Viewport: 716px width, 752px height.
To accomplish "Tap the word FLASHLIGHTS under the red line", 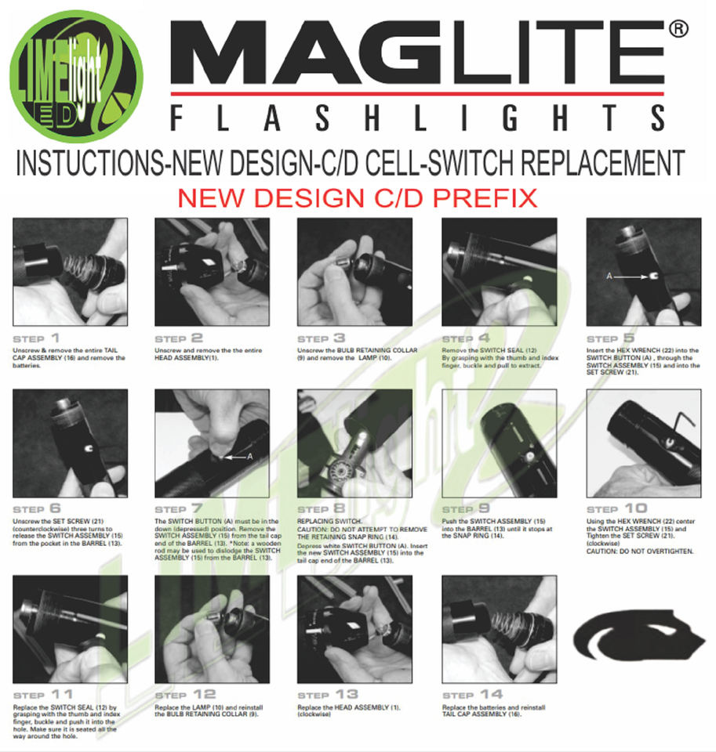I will (416, 117).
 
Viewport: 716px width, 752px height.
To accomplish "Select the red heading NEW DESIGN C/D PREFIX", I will (357, 197).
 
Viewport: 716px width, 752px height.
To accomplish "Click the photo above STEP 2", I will (212, 272).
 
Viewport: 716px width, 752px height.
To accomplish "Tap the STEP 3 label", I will (328, 338).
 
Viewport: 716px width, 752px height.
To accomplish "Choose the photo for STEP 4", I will (499, 272).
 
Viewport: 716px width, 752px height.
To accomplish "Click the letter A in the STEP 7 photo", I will (250, 455).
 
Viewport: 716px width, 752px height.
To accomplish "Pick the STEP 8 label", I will (328, 509).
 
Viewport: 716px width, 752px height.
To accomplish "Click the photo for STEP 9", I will (499, 443).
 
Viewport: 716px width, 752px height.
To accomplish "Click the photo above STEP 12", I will (212, 629).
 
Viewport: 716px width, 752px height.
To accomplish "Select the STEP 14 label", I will (474, 695).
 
